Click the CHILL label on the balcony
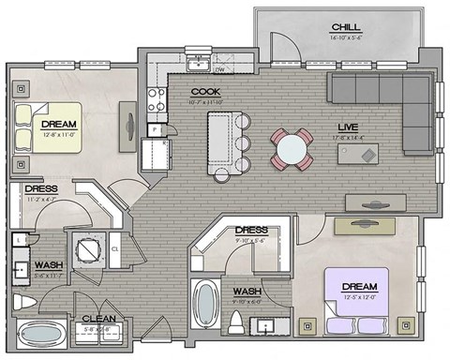[341, 26]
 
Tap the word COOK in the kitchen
[205, 92]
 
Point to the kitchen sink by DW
[198, 63]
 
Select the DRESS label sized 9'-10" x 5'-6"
[251, 230]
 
